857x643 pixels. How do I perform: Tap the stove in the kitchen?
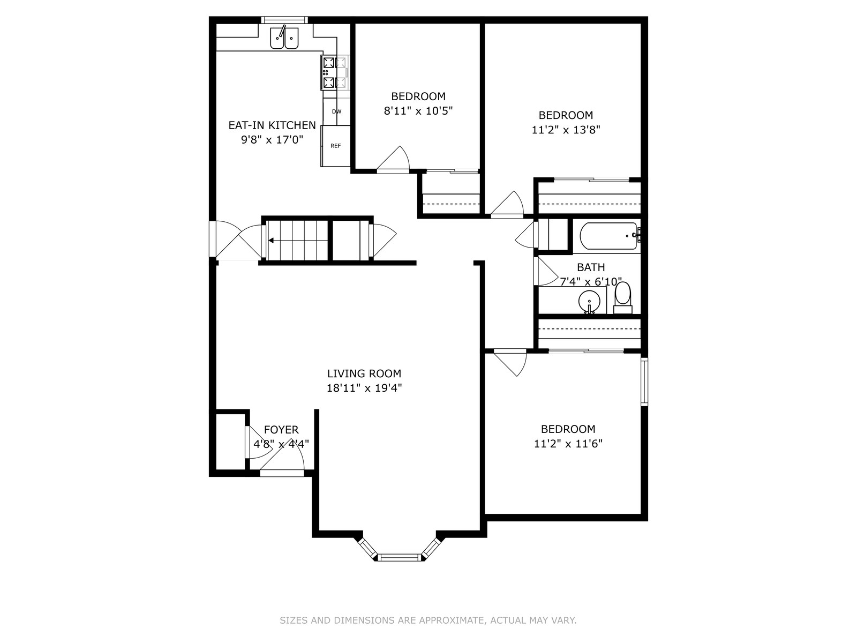[x=335, y=72]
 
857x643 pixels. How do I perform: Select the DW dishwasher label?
[x=336, y=111]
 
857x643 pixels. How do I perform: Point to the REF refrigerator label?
[x=335, y=146]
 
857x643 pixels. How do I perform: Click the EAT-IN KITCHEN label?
[x=272, y=125]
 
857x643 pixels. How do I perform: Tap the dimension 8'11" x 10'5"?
[x=418, y=111]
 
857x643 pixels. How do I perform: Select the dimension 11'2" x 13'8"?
[x=566, y=130]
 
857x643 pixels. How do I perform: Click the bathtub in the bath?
[x=609, y=236]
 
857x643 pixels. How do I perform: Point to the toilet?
[x=623, y=298]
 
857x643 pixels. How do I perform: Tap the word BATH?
[x=591, y=267]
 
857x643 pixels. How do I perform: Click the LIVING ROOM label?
[x=364, y=373]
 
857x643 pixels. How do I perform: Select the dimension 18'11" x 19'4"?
[x=364, y=388]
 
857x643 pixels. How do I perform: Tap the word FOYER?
[x=281, y=430]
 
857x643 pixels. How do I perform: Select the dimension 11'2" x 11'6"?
[x=568, y=444]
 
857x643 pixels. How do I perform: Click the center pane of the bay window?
[x=400, y=557]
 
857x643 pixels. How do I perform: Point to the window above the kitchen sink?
[x=284, y=20]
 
